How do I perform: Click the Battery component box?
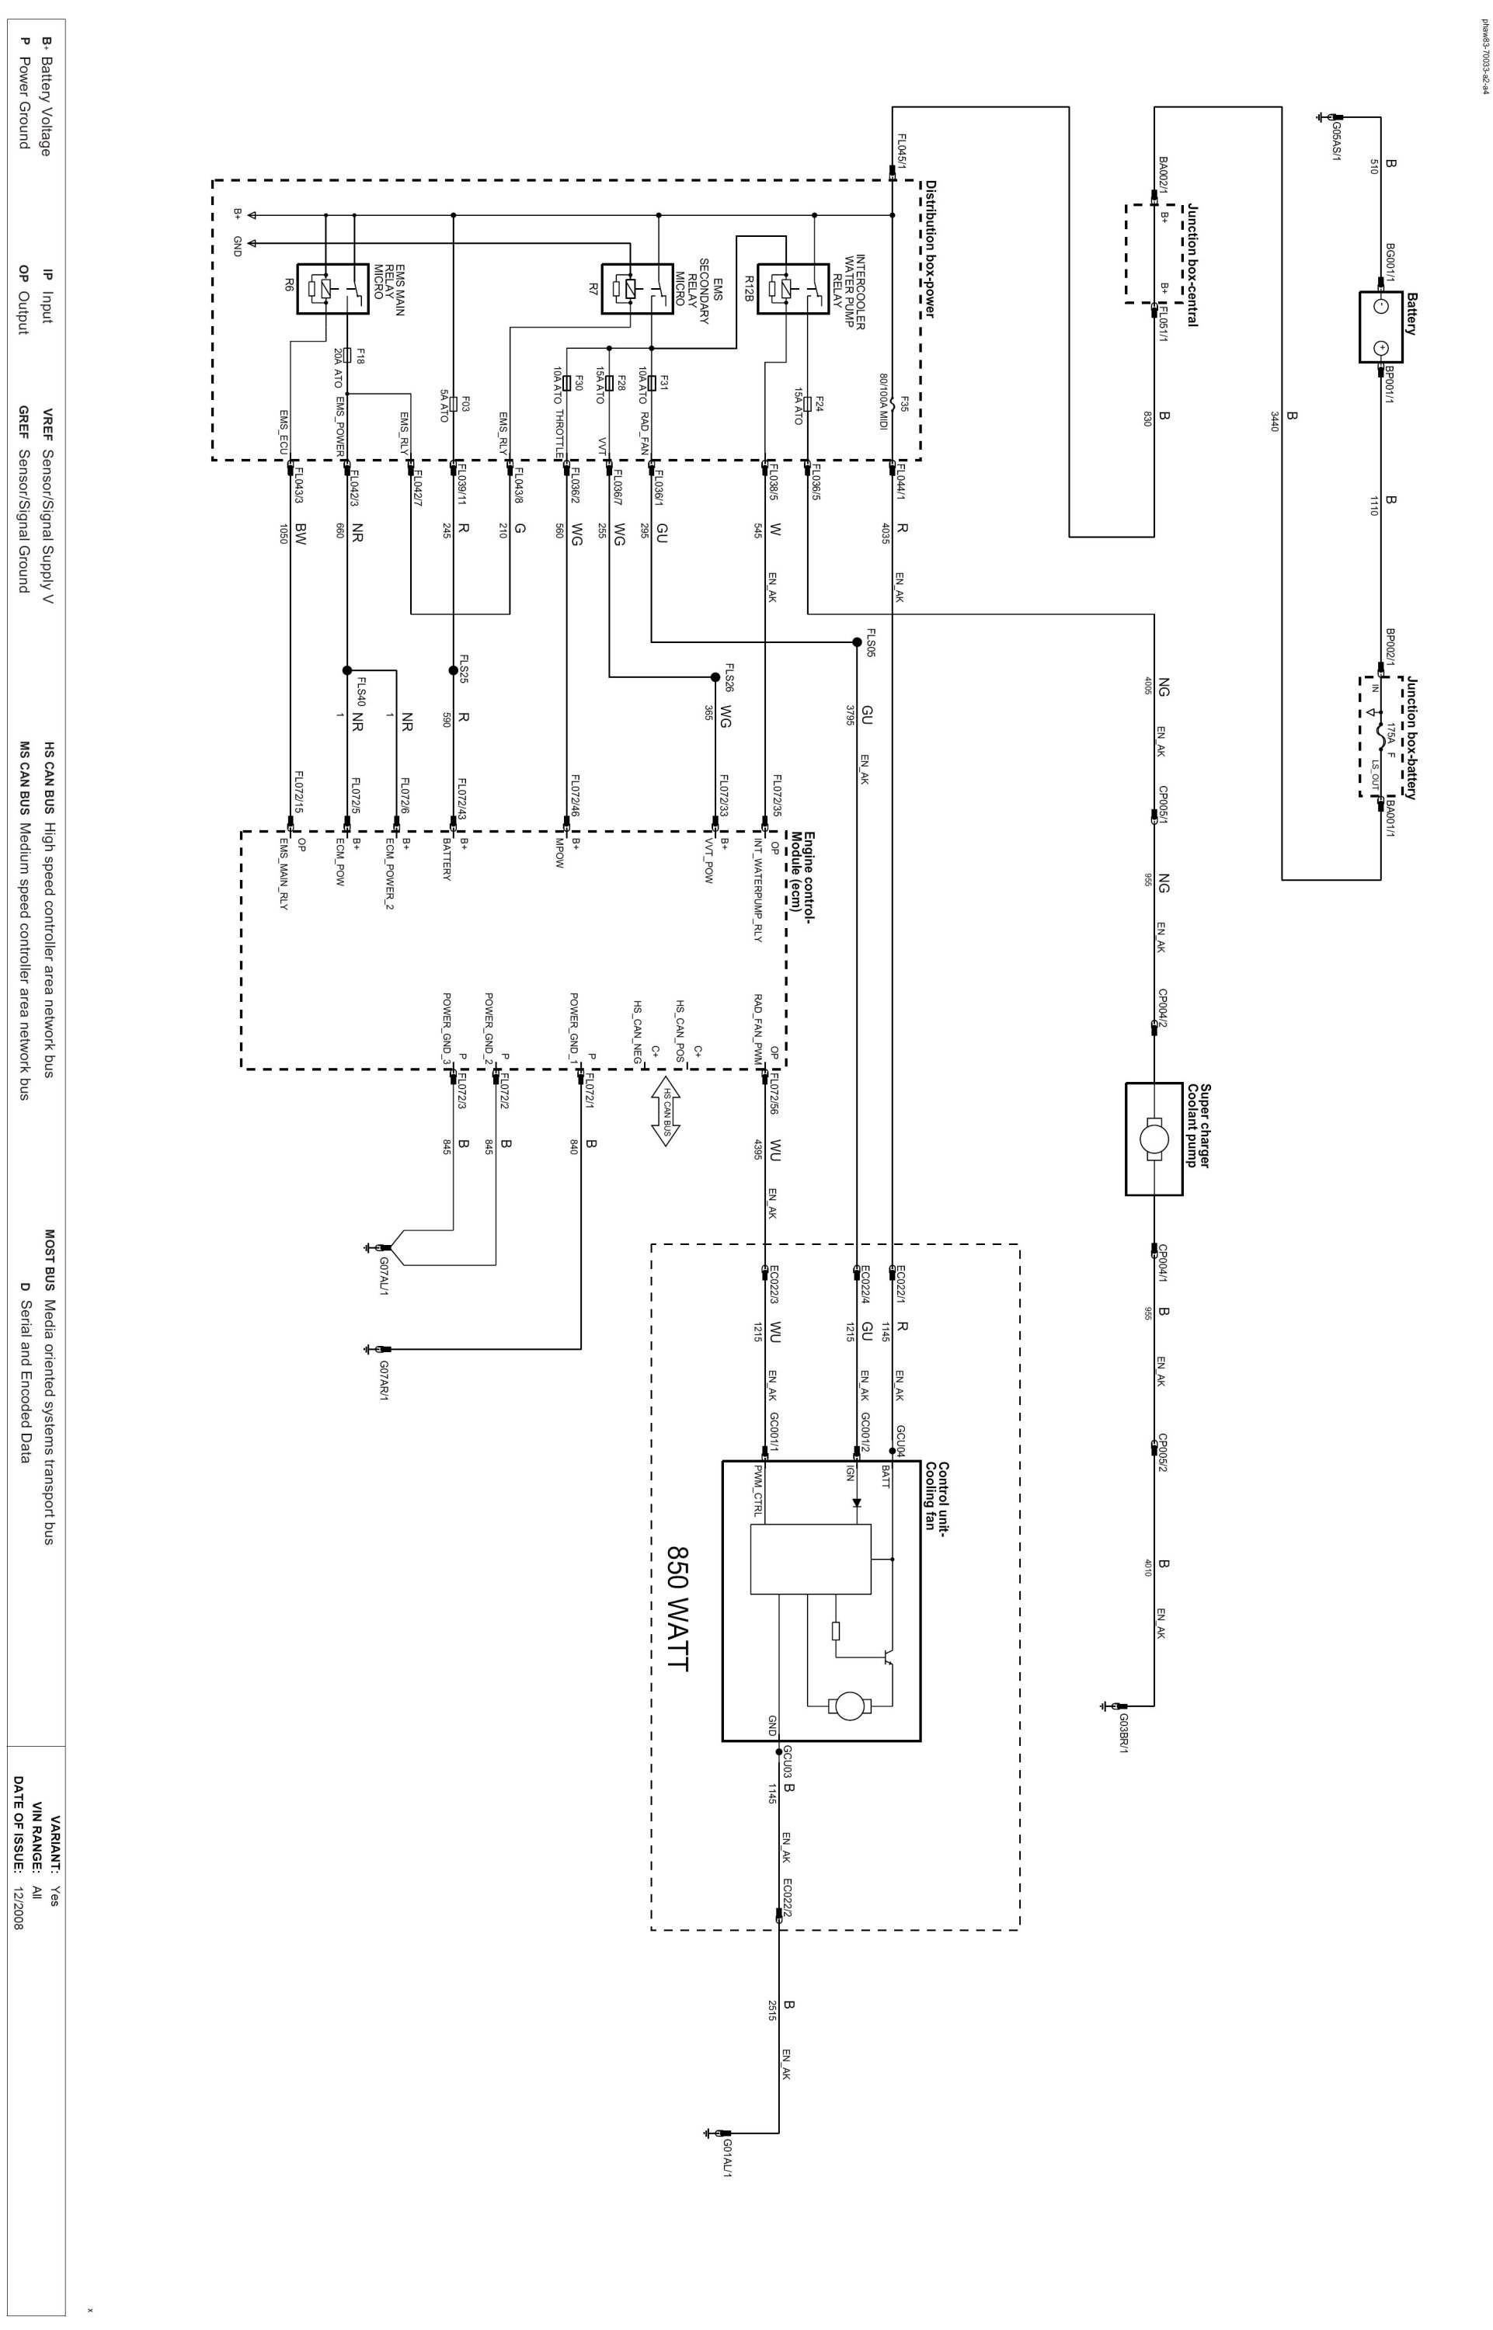click(x=1381, y=327)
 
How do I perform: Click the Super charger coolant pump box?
click(x=1154, y=1138)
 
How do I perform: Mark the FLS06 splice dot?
click(x=857, y=642)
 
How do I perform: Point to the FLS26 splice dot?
click(x=715, y=676)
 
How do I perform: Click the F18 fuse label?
click(x=360, y=356)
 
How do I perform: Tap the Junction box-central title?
click(x=1192, y=266)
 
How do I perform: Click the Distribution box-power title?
click(x=929, y=249)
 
